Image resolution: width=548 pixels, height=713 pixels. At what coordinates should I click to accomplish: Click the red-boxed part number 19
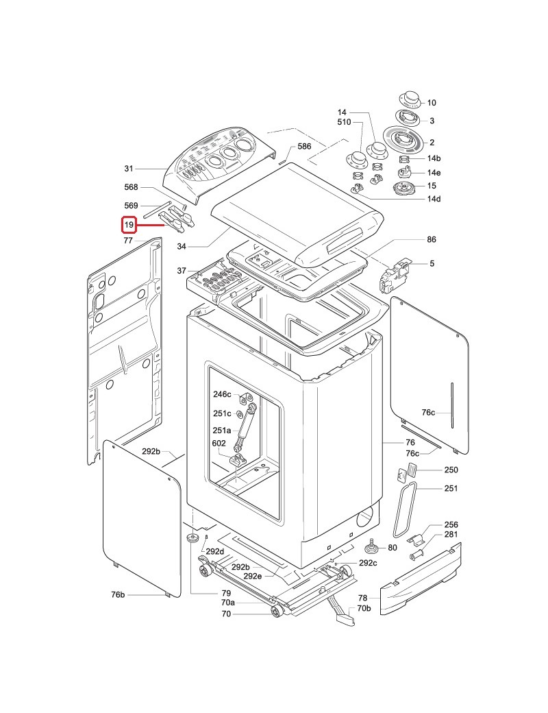[128, 224]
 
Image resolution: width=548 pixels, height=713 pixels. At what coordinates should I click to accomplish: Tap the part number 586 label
[303, 147]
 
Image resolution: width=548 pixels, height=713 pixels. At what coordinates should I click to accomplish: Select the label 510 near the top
[343, 122]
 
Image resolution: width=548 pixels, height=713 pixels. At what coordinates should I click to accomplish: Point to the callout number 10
[432, 103]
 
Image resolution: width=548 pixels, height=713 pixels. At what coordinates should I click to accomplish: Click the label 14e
[434, 172]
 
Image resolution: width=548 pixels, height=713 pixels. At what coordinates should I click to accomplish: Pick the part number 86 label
[431, 240]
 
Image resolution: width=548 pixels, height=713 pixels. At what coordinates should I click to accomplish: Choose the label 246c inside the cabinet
[222, 394]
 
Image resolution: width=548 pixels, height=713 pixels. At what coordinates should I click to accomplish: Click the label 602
[219, 444]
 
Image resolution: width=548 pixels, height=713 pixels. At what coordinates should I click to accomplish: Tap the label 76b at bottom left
[117, 594]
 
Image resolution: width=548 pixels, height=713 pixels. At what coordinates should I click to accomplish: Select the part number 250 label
[451, 470]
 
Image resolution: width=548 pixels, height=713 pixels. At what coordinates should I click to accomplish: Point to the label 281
[451, 534]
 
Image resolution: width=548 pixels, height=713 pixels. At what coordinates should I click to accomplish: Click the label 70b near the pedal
[363, 608]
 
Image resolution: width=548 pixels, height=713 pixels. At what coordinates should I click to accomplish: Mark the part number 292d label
[214, 551]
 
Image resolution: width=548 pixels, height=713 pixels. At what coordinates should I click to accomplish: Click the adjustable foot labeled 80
[371, 546]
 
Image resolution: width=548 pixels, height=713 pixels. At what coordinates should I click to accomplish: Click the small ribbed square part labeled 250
[412, 469]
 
